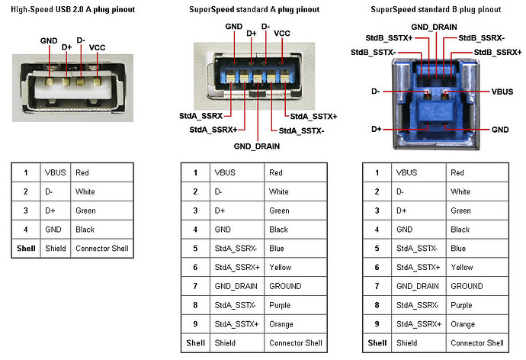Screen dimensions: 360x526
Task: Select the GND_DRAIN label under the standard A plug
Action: coord(257,145)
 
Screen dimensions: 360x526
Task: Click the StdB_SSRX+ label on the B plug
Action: coord(498,53)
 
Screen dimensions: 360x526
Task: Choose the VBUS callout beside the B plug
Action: coord(500,91)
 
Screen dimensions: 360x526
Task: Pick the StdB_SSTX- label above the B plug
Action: coord(372,53)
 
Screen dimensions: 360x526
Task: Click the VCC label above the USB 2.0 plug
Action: coord(98,47)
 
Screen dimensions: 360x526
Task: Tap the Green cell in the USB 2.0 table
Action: coord(85,210)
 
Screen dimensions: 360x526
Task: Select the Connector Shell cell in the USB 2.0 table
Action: coord(102,248)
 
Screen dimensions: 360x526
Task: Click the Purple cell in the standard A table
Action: coord(280,305)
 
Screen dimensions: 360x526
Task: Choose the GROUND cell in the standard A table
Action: coord(285,286)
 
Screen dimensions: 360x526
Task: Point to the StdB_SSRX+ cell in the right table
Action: coord(419,324)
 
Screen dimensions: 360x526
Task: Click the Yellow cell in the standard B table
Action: coord(462,267)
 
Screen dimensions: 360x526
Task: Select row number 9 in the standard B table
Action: coord(378,324)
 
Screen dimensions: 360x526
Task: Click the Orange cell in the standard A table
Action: coord(281,324)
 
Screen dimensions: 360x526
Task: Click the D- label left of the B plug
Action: coord(376,91)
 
